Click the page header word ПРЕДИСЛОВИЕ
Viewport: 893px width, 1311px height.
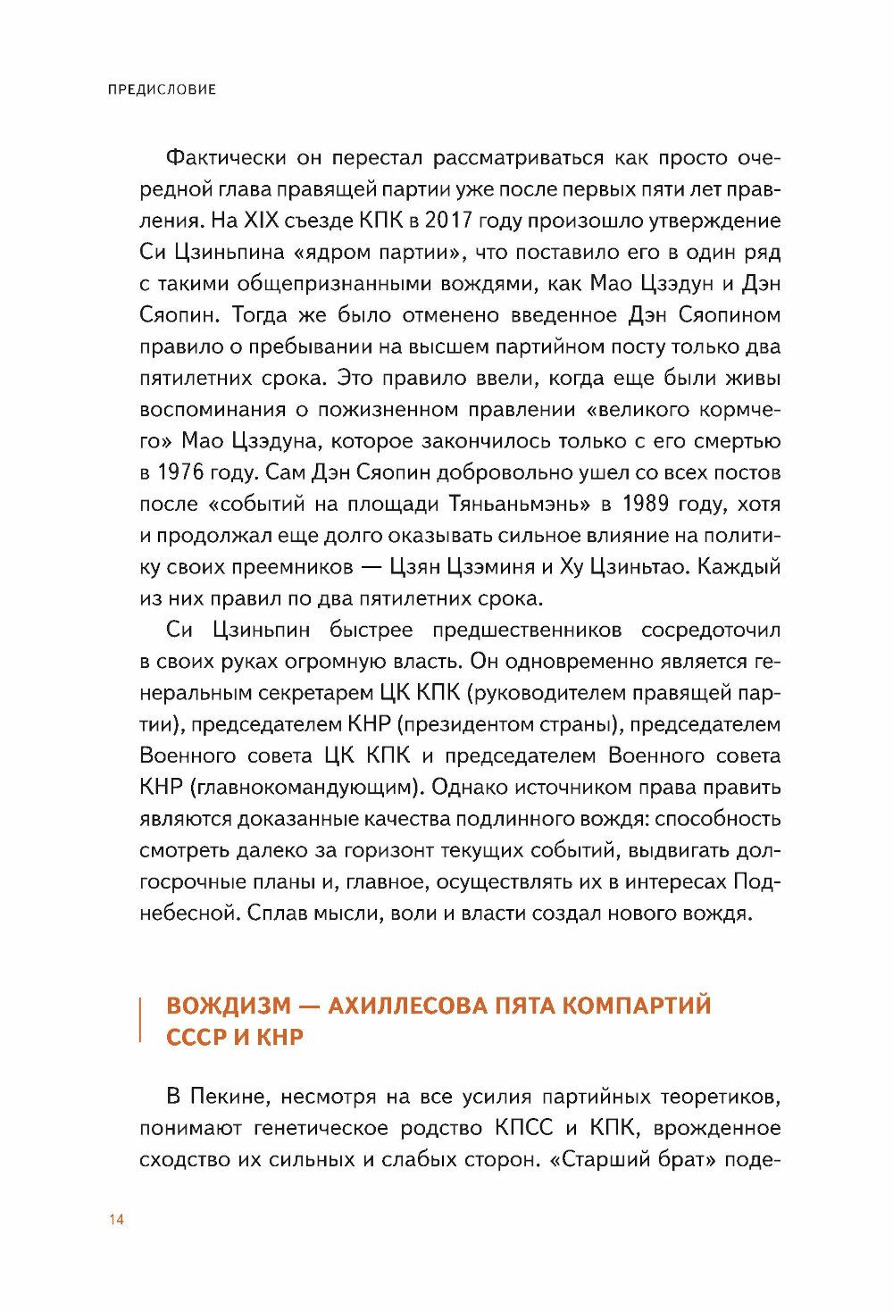[x=162, y=89]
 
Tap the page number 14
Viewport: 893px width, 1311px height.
[x=116, y=1220]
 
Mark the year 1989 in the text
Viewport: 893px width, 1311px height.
[x=645, y=504]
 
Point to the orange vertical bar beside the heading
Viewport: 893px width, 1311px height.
[x=141, y=1021]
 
